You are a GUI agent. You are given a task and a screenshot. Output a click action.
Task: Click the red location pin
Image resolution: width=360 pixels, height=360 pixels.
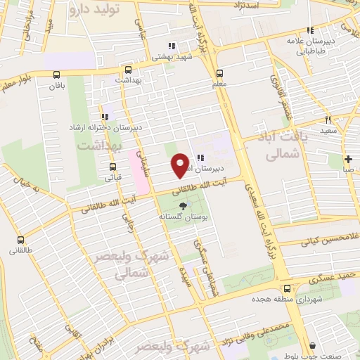(181, 165)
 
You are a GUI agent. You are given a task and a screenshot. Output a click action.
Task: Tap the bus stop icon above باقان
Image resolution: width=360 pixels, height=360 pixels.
(56, 75)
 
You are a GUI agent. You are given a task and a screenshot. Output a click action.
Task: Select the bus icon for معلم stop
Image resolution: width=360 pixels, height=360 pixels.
(219, 72)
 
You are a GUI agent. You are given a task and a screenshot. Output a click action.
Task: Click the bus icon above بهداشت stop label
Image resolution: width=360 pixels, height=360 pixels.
(118, 71)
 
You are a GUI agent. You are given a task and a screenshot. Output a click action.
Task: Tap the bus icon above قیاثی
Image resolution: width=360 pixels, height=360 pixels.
(112, 167)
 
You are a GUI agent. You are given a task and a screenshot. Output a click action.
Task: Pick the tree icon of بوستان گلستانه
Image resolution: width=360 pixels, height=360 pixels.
(184, 206)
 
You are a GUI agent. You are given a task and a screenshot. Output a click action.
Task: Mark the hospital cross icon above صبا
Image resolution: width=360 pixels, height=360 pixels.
(349, 159)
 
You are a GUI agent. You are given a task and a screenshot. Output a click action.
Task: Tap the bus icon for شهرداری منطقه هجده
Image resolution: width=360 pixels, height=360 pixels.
(287, 288)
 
